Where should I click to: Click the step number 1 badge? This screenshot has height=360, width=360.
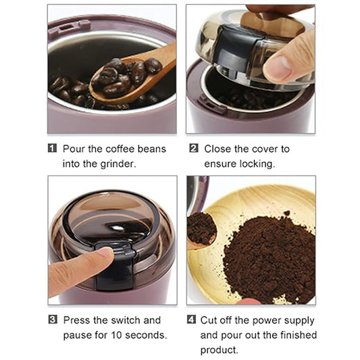[52, 148]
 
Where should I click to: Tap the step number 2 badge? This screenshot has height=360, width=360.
[194, 148]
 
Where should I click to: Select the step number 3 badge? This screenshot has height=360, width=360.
[52, 319]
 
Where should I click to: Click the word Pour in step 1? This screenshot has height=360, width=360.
[75, 148]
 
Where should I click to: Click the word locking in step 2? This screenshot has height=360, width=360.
[257, 163]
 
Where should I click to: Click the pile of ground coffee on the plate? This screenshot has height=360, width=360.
[267, 257]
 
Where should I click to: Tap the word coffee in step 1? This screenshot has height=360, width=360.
[114, 148]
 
